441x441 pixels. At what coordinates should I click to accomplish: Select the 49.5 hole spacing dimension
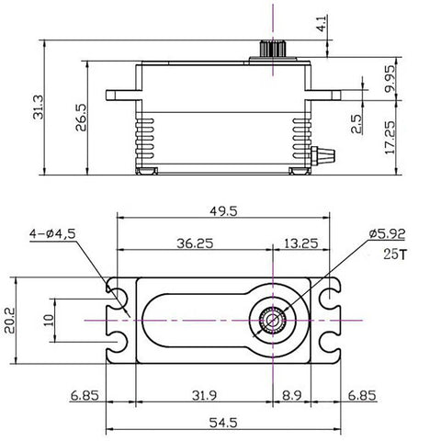[x=222, y=210]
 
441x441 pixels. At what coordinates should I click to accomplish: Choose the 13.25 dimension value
[x=302, y=243]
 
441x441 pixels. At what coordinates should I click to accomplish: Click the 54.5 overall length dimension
[x=222, y=424]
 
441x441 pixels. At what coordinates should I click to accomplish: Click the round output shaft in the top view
[x=273, y=318]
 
